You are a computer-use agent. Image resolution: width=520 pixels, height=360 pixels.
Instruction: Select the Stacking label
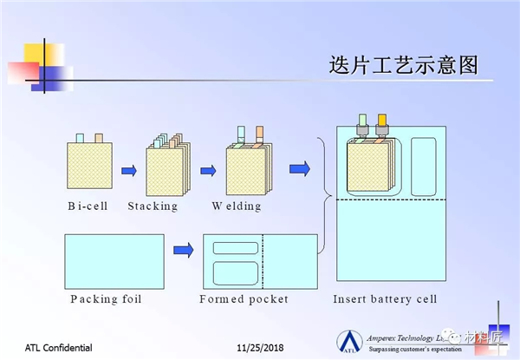pos(153,206)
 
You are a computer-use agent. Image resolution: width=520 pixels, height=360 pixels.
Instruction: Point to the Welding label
pos(236,206)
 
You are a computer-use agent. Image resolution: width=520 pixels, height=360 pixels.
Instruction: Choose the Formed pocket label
pos(244,299)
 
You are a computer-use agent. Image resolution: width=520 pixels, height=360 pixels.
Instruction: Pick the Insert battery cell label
pos(385,299)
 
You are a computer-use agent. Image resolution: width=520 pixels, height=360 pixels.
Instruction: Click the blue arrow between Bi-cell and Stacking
pos(128,170)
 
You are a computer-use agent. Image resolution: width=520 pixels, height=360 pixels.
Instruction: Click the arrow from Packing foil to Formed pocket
pos(182,251)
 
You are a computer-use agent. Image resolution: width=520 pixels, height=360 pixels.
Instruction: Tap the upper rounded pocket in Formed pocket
pos(236,248)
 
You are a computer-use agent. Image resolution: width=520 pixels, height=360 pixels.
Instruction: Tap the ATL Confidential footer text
pos(59,347)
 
